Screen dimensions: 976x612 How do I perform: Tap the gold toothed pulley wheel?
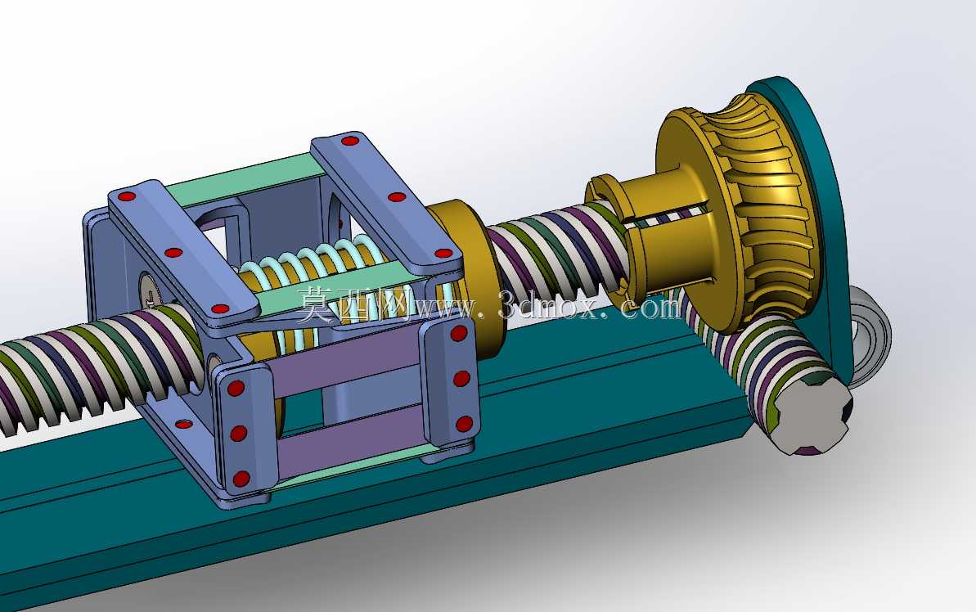[x=740, y=205]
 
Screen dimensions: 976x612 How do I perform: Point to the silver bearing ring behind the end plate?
[x=871, y=336]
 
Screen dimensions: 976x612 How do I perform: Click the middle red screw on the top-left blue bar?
[x=173, y=253]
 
